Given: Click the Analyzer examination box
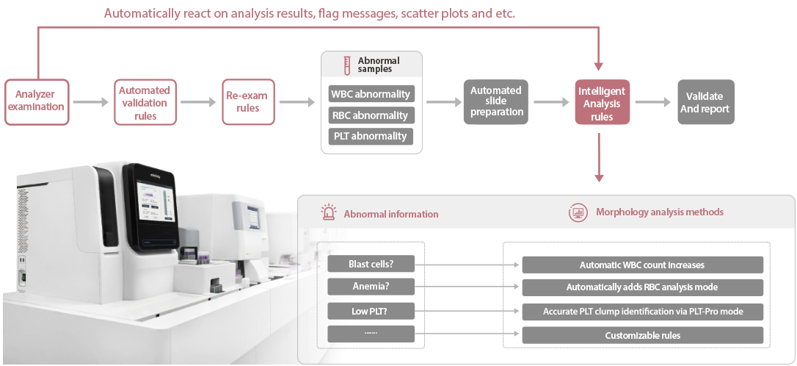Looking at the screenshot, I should click(37, 101).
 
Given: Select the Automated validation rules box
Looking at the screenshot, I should click(145, 101).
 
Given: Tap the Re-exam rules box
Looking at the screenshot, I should click(248, 101).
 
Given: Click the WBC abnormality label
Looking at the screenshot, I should click(371, 94).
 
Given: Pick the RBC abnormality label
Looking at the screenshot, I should click(371, 115).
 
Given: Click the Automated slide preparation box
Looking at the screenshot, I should click(496, 101).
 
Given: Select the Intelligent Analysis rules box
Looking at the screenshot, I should click(602, 101).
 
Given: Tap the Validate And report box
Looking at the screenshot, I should click(705, 101).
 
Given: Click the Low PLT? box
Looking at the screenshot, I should click(371, 311).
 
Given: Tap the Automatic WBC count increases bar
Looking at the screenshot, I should click(643, 265).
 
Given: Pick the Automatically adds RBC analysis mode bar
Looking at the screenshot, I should click(643, 287).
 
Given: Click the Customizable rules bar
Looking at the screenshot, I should click(643, 335).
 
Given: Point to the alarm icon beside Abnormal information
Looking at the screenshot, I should click(328, 213).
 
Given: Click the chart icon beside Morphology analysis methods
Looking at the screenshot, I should click(578, 212).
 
